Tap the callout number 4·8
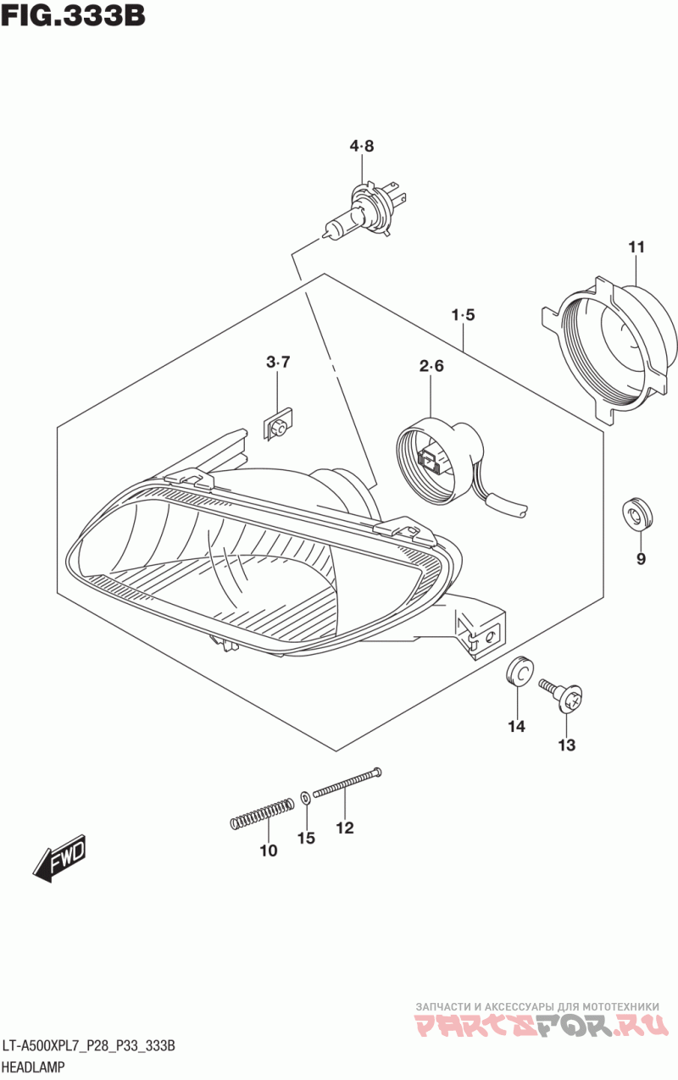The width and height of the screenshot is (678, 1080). (x=362, y=147)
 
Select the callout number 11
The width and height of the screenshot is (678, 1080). (x=636, y=247)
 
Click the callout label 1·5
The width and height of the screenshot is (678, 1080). (x=463, y=315)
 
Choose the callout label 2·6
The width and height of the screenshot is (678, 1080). (x=431, y=366)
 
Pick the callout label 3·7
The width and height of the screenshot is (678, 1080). (x=278, y=363)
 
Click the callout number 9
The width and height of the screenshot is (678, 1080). (x=641, y=558)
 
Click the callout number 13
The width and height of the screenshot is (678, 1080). (x=566, y=745)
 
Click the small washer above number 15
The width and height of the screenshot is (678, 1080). (x=305, y=798)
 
